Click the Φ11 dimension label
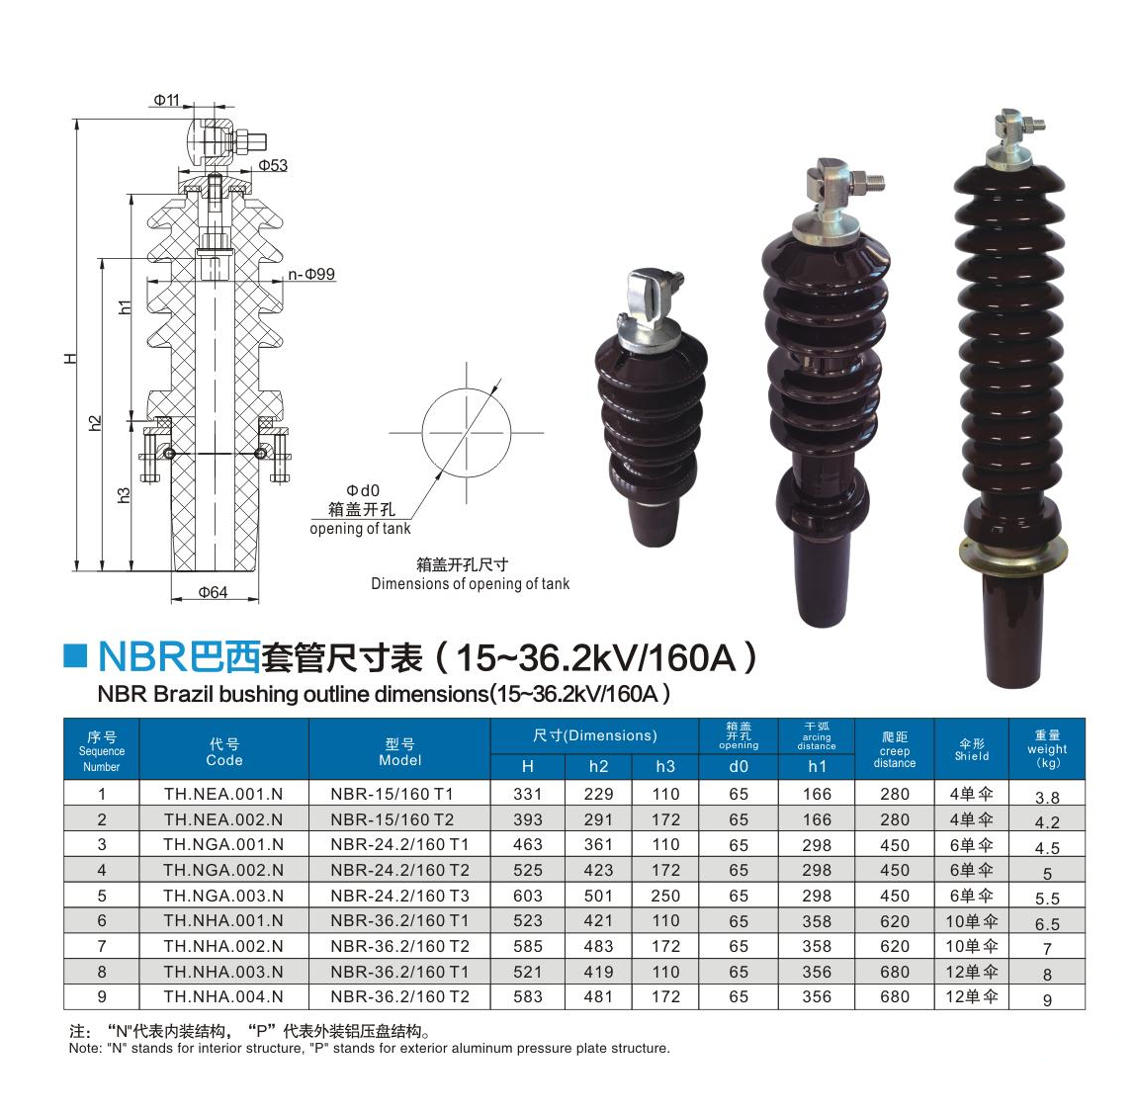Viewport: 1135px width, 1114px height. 166,100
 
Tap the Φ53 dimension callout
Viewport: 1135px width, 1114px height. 273,165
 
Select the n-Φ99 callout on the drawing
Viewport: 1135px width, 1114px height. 311,275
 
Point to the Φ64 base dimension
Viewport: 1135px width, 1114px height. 213,592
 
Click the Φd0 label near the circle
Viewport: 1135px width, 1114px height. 363,490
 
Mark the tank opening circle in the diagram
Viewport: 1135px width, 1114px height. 467,388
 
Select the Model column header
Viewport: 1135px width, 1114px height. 399,752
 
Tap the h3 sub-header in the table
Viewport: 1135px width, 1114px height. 665,766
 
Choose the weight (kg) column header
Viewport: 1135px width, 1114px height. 1047,749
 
